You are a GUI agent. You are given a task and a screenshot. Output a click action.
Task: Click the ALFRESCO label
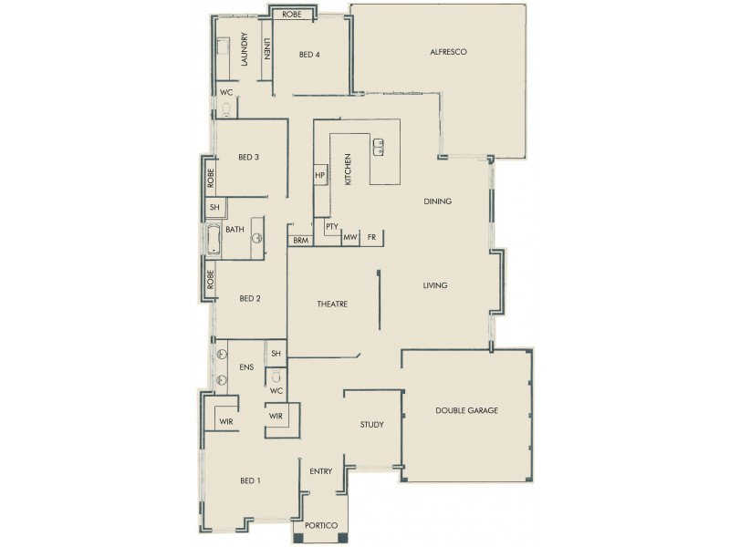tap(448, 53)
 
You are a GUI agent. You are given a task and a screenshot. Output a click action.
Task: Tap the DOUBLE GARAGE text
tap(466, 411)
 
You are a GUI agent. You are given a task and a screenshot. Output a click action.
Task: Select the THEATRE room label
tap(333, 304)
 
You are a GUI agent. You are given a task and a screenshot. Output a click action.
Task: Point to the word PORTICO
tap(321, 526)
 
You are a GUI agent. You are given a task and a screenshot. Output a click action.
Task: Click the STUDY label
tap(371, 425)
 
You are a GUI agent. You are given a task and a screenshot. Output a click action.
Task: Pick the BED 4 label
tap(309, 55)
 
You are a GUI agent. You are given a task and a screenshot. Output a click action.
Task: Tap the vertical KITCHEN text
tap(348, 170)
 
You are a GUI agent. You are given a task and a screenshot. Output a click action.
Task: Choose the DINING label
tap(438, 201)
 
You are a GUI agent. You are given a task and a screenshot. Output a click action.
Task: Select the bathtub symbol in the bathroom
tap(214, 243)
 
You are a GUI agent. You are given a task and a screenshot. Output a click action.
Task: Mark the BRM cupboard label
tap(300, 241)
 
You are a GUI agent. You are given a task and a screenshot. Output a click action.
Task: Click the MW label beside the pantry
tap(349, 238)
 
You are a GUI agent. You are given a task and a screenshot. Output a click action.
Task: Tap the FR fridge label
tap(371, 238)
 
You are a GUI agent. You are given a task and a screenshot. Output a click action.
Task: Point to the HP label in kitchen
tap(320, 175)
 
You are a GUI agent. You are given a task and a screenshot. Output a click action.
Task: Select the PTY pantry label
tap(331, 226)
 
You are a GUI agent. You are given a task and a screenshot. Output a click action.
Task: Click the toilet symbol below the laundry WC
tap(226, 110)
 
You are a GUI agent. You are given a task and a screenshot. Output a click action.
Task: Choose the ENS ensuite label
tap(245, 367)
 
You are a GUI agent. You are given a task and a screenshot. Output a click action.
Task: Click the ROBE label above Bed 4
tap(292, 15)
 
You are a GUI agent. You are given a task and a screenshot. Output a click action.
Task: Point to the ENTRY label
tap(320, 471)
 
